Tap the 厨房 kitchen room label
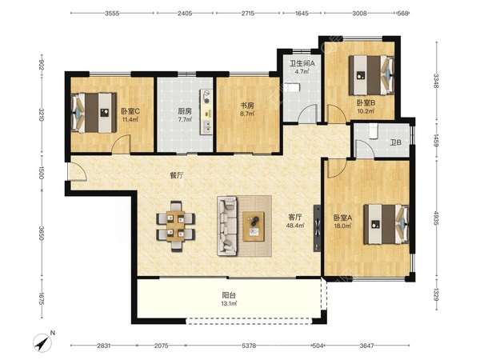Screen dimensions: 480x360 185,111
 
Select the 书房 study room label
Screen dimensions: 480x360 247,106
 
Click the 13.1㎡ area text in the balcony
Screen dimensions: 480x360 230,304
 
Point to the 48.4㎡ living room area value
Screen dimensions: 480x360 296,226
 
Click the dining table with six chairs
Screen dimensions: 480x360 176,226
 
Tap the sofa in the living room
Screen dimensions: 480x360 227,226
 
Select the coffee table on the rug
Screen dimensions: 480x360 254,226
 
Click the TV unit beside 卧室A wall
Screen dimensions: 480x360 317,228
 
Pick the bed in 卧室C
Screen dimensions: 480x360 94,113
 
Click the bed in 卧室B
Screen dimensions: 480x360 371,75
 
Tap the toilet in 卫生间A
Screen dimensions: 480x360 292,88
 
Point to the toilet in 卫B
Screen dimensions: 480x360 373,131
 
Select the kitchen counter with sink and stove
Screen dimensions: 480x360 206,112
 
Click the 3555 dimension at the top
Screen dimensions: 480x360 112,13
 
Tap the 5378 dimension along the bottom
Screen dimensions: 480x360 249,346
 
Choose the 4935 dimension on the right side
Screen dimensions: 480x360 437,218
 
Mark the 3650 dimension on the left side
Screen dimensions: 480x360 42,233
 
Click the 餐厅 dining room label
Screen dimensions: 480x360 177,175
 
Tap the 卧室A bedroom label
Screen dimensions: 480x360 342,218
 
